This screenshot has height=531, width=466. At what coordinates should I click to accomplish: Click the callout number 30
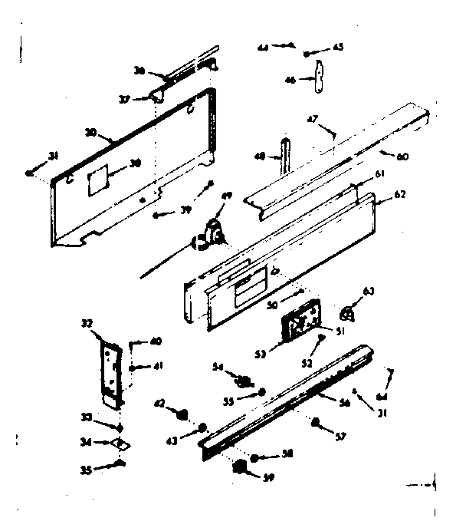90,132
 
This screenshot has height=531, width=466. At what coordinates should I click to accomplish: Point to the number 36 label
139,70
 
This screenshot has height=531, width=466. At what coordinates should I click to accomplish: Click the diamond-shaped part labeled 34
120,443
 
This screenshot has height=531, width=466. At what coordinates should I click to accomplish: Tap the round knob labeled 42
182,415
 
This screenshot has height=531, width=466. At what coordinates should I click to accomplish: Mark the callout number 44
263,47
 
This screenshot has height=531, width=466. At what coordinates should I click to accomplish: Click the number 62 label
399,195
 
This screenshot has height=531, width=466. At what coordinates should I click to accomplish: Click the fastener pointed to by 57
316,421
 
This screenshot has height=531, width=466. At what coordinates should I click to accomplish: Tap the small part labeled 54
245,380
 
